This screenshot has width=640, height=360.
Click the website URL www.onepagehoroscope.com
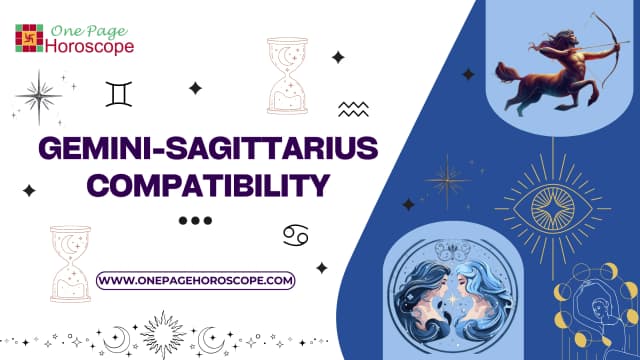pyautogui.click(x=197, y=281)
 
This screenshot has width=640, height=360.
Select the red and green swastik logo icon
pyautogui.click(x=29, y=37)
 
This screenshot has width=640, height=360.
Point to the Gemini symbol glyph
pyautogui.click(x=119, y=95)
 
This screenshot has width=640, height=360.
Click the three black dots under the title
pyautogui.click(x=196, y=221)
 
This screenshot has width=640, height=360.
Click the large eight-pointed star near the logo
pyautogui.click(x=38, y=96)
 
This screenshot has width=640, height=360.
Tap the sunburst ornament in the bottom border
pyautogui.click(x=161, y=332)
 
